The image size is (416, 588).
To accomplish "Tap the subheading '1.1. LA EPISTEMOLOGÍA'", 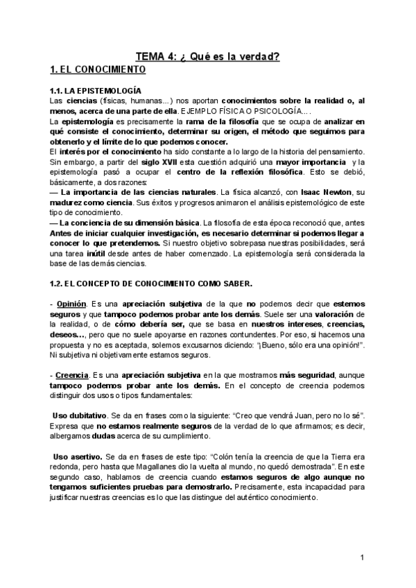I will (96, 91).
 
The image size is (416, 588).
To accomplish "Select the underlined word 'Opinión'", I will (71, 304).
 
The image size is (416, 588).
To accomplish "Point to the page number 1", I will (363, 558).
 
